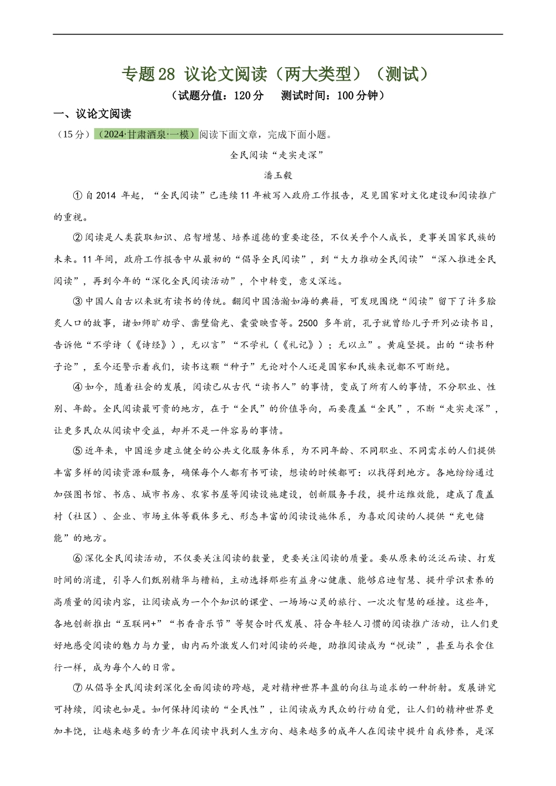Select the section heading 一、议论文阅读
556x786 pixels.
click(x=92, y=114)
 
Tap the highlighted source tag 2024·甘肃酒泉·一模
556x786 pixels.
click(x=146, y=135)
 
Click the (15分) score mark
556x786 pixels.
click(x=74, y=135)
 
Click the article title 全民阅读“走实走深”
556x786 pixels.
click(x=277, y=155)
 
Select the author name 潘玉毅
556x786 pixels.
click(x=278, y=175)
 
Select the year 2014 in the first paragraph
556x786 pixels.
click(x=105, y=195)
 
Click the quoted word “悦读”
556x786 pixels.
click(x=404, y=646)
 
